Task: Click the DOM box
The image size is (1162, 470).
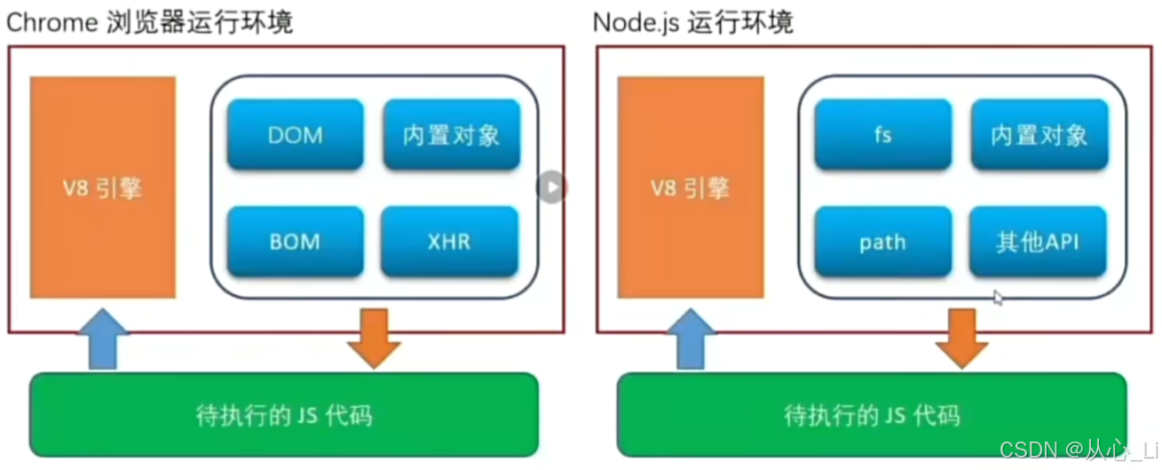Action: [x=295, y=135]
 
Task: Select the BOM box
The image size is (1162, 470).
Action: [x=295, y=242]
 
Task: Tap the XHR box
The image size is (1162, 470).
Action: [x=449, y=242]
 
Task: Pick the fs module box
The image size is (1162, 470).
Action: [x=882, y=135]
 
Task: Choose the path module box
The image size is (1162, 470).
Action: [x=882, y=242]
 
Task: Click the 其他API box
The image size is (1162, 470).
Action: [x=1038, y=242]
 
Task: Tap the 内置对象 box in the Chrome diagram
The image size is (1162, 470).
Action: [x=451, y=135]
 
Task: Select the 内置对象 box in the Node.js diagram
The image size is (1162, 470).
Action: [x=1039, y=135]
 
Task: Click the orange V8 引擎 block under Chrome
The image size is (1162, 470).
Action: [x=103, y=187]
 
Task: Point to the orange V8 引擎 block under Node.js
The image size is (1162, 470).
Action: [x=691, y=187]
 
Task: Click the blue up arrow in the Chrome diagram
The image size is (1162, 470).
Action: [x=103, y=339]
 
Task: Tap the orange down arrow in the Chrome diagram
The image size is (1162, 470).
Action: [x=374, y=339]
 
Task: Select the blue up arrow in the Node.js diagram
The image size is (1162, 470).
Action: [x=691, y=339]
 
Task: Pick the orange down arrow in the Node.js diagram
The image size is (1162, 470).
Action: [x=962, y=339]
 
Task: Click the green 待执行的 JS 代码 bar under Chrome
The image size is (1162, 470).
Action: [x=284, y=415]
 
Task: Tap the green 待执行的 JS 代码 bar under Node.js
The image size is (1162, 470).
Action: [x=872, y=415]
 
